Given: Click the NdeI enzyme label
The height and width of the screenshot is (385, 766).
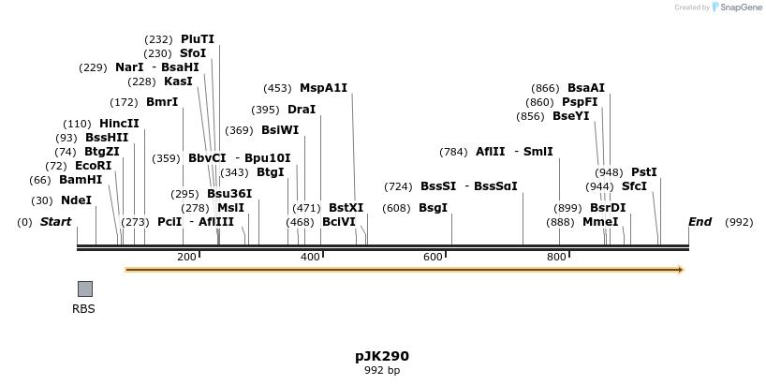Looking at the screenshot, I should tap(76, 200).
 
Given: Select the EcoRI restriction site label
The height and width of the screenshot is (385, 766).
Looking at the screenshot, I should tap(93, 166).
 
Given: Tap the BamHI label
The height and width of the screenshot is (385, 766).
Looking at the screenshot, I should tap(81, 180).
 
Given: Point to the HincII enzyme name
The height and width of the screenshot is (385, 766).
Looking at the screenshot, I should tap(119, 124).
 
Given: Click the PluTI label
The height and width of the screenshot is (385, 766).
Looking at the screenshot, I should tap(198, 39).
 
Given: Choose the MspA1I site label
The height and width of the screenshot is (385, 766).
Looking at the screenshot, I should tap(323, 88).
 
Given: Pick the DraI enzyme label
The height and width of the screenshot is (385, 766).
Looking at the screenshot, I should tap(302, 110).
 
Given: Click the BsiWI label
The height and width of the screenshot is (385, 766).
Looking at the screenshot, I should tap(280, 130).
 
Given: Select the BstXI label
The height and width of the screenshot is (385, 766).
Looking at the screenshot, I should tap(346, 207).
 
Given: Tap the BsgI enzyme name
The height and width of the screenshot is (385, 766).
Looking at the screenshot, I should tap(433, 207).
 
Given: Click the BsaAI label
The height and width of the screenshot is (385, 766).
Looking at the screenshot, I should tap(586, 88).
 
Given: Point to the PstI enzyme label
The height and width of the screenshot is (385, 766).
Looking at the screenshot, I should tap(644, 172).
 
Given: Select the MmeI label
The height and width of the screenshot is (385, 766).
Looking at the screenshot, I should tap(600, 222).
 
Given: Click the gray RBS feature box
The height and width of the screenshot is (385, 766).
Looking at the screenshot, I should tap(84, 289).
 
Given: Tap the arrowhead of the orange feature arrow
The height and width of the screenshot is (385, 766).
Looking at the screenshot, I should tap(681, 270).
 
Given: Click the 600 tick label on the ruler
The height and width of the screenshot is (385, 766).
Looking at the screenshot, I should tap(433, 257).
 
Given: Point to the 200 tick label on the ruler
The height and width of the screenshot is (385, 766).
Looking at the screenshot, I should tap(186, 257).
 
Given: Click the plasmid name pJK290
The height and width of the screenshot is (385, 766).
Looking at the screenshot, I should tap(382, 356).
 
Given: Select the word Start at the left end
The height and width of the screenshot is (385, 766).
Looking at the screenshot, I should tap(55, 222).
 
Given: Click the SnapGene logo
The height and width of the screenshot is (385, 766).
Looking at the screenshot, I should tap(738, 7).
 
